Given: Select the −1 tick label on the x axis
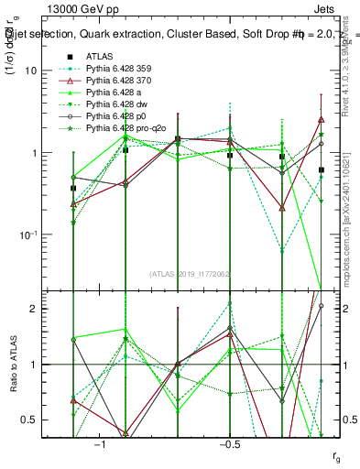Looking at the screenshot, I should coord(100,444).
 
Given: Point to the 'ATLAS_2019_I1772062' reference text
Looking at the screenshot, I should coord(189,273).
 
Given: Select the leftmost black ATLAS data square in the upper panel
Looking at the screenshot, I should coord(73,188).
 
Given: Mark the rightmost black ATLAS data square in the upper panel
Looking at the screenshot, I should coord(322,170).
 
